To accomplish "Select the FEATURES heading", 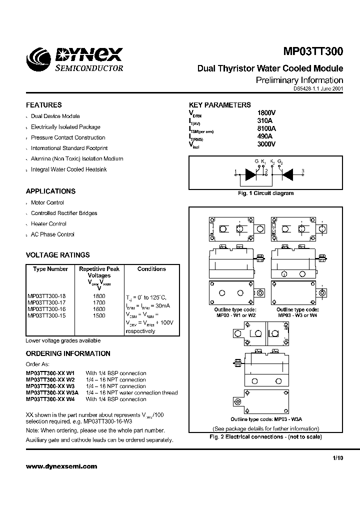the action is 44,105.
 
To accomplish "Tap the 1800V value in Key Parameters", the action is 266,112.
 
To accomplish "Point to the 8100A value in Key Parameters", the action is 266,128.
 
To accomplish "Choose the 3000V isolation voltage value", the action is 266,144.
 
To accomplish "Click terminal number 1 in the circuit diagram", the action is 235,172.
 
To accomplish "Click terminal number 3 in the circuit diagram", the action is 302,171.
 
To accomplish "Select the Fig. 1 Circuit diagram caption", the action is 265,193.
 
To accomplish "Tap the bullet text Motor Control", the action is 47,202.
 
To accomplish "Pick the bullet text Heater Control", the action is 48,223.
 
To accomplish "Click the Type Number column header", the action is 50,269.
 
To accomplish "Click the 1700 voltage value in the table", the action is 99,303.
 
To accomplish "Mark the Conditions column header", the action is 151,269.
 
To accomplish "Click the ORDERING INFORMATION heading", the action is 68,353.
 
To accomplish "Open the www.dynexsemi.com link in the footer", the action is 61,466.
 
